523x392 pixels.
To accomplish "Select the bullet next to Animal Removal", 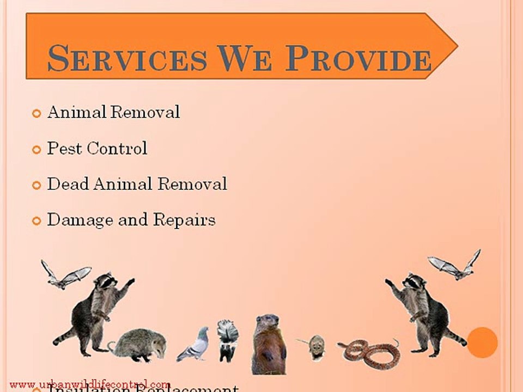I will point(37,114).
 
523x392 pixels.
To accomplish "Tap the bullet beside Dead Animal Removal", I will point(37,185).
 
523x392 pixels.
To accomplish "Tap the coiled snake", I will point(370,353).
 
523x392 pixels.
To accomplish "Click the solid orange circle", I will point(482,342).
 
